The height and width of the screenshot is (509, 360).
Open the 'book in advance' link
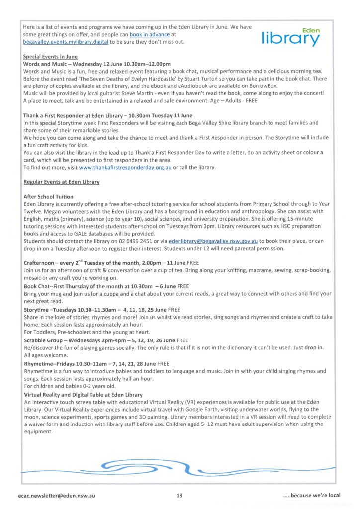click(x=149, y=35)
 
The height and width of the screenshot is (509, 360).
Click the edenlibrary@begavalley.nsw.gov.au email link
click(x=213, y=241)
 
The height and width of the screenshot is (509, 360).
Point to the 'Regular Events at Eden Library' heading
click(x=62, y=182)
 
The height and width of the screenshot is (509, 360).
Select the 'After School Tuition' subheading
click(x=48, y=197)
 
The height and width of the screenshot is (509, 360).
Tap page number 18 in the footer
click(x=180, y=495)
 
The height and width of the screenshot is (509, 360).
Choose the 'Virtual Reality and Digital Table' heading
click(x=83, y=395)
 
